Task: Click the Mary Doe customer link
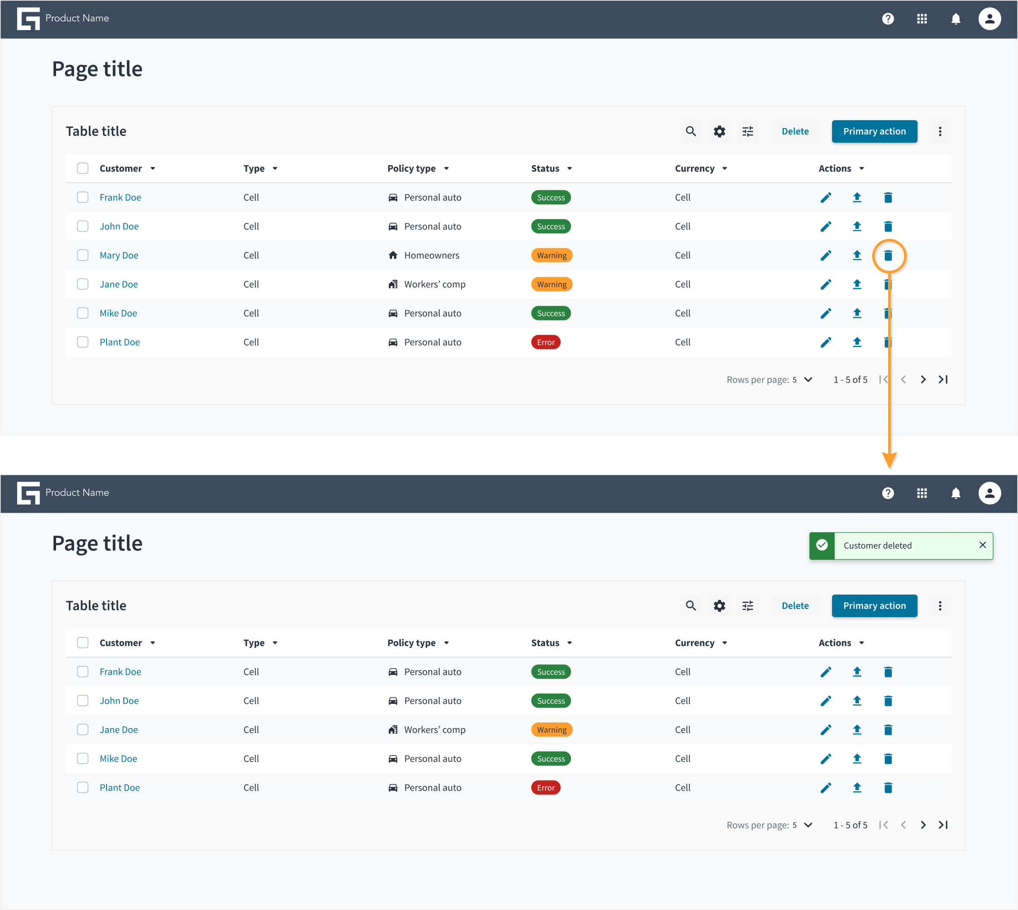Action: [119, 255]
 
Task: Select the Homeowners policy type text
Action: [431, 255]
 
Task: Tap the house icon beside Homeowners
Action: [393, 255]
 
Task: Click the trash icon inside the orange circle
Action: [888, 255]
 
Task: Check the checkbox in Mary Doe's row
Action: [82, 255]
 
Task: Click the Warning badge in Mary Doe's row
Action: [552, 255]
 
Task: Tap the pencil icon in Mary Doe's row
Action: [826, 255]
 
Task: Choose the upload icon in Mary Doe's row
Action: [857, 255]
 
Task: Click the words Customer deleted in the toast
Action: [877, 546]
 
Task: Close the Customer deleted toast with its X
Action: [983, 545]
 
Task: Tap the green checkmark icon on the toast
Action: [822, 545]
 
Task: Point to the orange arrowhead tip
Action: [889, 468]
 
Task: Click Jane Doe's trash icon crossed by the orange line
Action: [888, 285]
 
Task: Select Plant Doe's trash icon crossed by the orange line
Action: [888, 342]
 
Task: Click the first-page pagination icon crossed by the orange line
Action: [883, 380]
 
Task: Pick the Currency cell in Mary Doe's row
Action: [682, 255]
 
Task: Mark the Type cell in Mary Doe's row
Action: [251, 255]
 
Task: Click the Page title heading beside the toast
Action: [97, 543]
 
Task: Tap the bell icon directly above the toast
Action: [955, 493]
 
